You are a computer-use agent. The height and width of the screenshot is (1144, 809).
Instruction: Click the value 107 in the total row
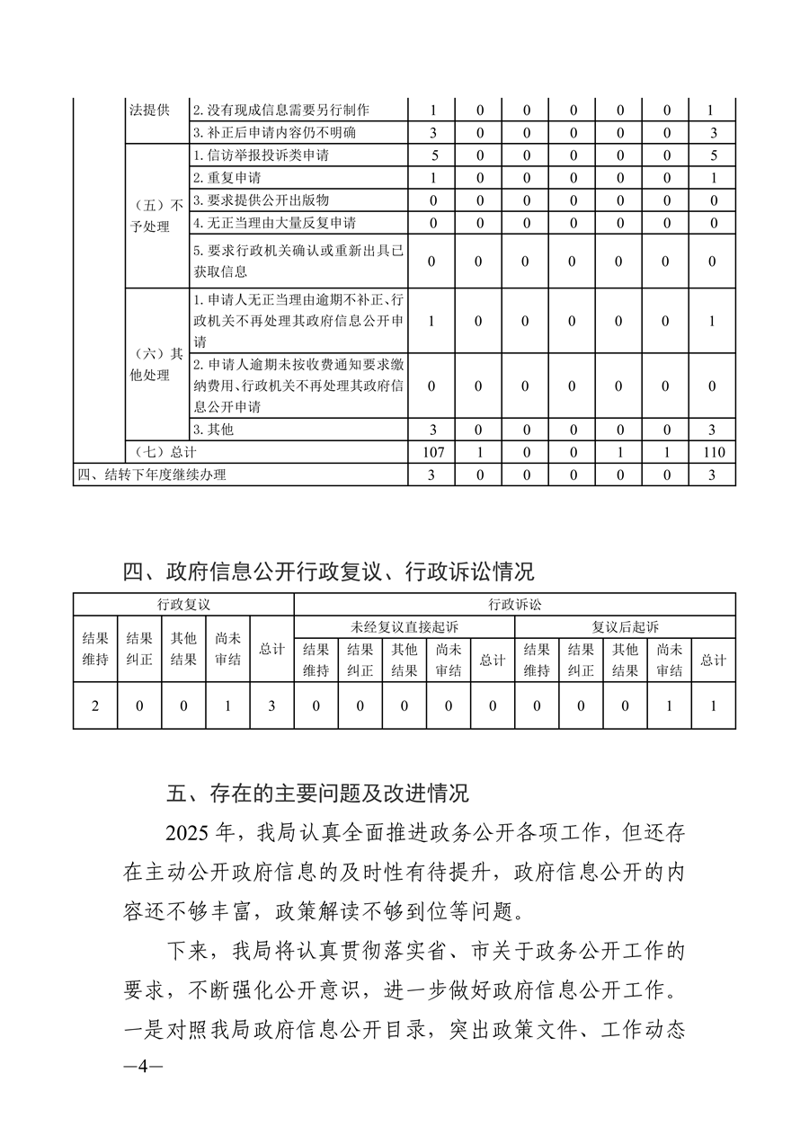click(431, 452)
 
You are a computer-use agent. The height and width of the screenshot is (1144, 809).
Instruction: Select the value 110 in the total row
click(712, 452)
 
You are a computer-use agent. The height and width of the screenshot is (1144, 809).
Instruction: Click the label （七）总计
click(164, 452)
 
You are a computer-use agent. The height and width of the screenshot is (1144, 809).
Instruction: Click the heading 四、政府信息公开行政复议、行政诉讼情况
click(328, 571)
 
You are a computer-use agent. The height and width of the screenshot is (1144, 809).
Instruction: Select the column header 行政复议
click(183, 604)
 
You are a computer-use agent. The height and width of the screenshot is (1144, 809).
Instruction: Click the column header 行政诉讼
click(514, 604)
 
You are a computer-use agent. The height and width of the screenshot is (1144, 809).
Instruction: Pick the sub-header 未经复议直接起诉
click(404, 626)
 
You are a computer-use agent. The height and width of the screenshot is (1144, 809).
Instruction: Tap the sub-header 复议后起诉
click(625, 626)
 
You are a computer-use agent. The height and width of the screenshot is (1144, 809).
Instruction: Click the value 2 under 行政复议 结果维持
click(95, 705)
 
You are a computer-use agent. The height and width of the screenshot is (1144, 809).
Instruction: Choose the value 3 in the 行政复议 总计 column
click(271, 705)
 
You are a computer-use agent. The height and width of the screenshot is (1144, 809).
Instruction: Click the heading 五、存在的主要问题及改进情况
click(317, 794)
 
